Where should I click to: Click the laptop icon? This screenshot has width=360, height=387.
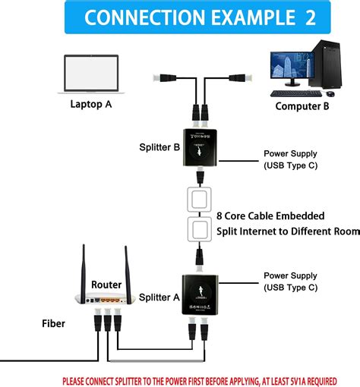[90, 74]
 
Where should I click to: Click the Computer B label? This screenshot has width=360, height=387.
[302, 106]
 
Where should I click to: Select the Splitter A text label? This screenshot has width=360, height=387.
[159, 297]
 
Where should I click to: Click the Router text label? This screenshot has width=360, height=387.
[106, 284]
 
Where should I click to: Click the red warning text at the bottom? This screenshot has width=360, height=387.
[209, 379]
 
